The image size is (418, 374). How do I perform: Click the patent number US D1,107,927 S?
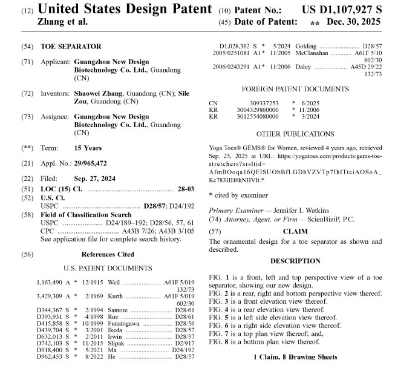tap(342, 10)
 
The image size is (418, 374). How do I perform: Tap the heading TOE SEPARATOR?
tap(71, 46)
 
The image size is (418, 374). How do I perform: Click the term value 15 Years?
tap(88, 148)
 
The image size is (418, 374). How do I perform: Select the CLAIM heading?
tap(295, 231)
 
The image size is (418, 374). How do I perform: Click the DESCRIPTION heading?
tap(295, 261)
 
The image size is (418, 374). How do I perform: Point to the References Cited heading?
tap(108, 254)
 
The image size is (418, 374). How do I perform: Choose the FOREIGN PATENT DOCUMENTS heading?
tap(295, 89)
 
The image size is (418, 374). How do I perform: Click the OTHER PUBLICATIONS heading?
tap(295, 133)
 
